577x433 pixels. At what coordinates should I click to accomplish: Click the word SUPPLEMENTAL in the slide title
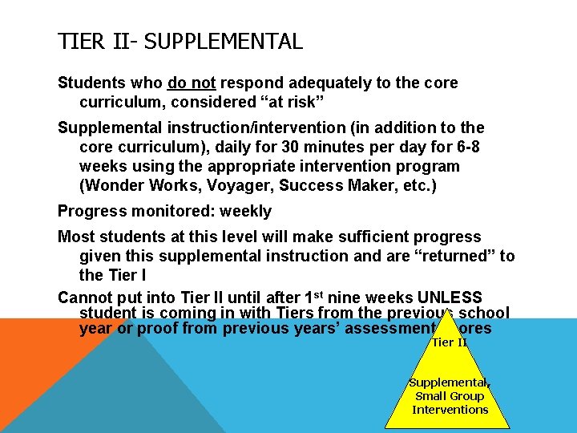tap(224, 41)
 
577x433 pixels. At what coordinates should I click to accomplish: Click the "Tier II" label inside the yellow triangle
tap(449, 342)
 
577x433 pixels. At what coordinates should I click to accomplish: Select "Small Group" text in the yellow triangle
tap(450, 396)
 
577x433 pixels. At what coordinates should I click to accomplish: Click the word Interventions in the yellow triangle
tap(450, 410)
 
